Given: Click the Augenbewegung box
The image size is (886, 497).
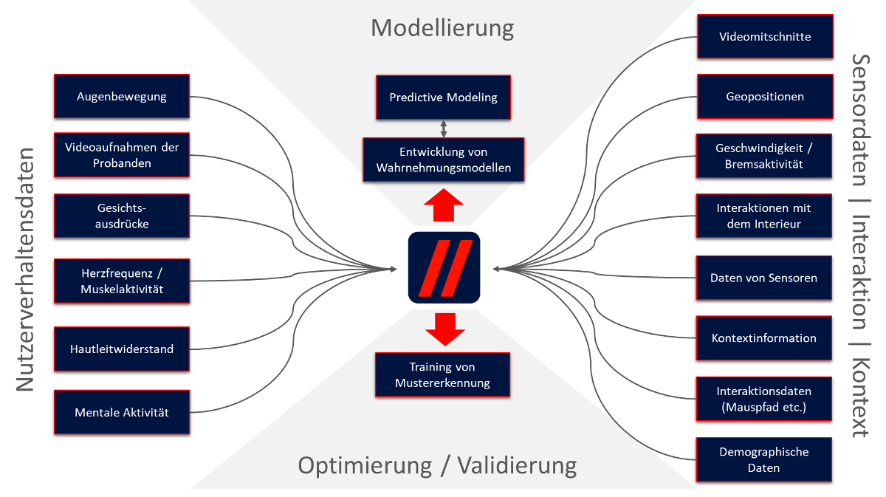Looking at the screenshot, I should point(122,96).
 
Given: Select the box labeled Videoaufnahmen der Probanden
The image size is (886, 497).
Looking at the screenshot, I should point(122,155).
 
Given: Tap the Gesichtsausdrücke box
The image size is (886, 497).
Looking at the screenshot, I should point(122,216).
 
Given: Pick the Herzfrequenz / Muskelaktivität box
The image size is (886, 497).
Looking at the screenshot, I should point(122,281).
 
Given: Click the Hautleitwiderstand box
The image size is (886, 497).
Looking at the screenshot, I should point(122,349).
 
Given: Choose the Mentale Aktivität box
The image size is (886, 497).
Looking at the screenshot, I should point(122,412).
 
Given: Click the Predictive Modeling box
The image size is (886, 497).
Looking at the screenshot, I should point(443,97).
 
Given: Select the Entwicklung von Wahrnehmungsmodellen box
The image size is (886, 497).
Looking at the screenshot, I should point(443,160).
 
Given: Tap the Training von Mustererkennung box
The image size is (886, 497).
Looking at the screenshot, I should point(443,375).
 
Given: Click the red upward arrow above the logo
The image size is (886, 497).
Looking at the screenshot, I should point(444,205).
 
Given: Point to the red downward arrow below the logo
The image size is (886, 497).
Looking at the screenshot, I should point(444,329).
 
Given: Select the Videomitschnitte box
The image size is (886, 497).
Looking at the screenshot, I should point(765,36).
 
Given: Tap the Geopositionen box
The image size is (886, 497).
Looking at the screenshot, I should point(765,96).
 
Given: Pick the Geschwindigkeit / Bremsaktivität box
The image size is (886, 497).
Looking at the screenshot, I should point(765,156).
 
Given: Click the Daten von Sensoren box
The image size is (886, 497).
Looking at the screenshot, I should point(765,278).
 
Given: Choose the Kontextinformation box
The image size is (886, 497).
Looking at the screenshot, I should point(765,338).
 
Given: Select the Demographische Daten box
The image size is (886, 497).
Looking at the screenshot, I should point(765,459).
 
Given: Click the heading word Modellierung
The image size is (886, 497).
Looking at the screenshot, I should point(442,28).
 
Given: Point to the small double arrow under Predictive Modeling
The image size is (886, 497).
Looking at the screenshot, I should point(444,128).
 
